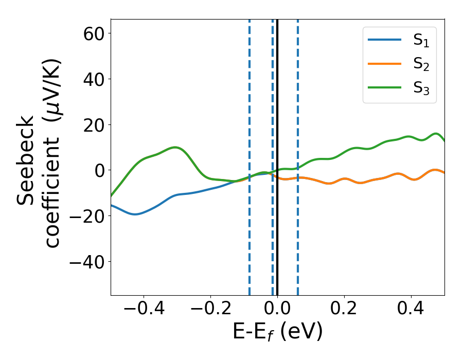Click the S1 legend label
click(421, 42)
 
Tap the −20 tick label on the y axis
click(84, 216)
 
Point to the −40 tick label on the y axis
click(84, 262)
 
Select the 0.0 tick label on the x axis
click(277, 310)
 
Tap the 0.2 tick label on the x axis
click(344, 310)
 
